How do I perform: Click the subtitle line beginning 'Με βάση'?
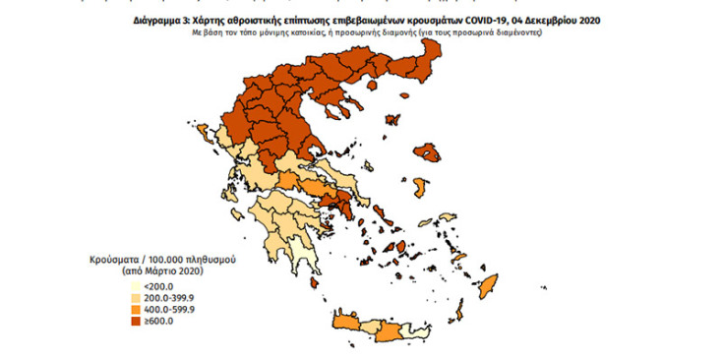point(369,31)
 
